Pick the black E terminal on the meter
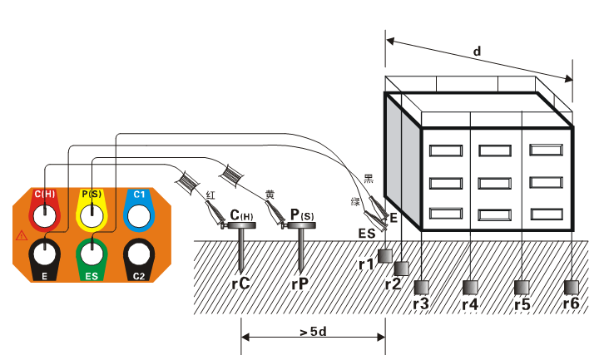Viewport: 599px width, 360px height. [46, 253]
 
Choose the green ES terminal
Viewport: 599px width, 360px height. [92, 253]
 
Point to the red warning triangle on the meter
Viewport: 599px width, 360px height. [21, 235]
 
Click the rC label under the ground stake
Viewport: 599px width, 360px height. [241, 283]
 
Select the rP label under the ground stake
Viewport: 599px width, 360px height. [299, 283]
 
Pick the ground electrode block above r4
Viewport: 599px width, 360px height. [471, 288]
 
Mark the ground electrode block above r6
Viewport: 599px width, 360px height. [572, 288]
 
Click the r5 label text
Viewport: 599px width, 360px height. [522, 303]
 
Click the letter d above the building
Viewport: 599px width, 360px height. [477, 51]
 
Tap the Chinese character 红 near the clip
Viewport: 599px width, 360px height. [211, 194]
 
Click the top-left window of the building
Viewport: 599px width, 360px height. [445, 151]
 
